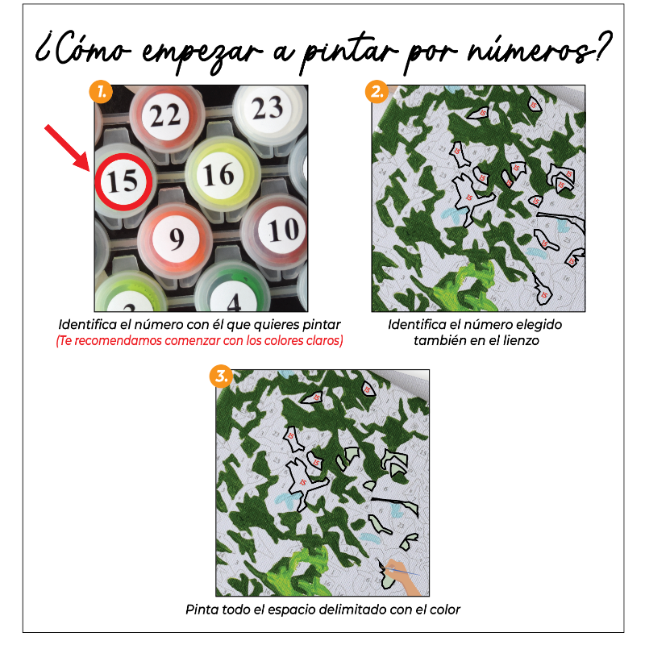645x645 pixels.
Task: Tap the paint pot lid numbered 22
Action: pyautogui.click(x=165, y=115)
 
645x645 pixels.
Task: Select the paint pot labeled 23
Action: pyautogui.click(x=267, y=107)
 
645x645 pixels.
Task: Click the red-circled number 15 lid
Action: pyautogui.click(x=123, y=180)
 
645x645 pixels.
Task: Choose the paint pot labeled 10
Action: pyautogui.click(x=283, y=231)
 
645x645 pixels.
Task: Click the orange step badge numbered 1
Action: pyautogui.click(x=100, y=91)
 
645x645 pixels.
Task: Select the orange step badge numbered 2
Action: pyautogui.click(x=376, y=91)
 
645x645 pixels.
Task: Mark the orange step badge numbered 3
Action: pyautogui.click(x=220, y=376)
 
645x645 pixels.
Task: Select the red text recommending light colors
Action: pyautogui.click(x=199, y=341)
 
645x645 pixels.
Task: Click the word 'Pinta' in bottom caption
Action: pyautogui.click(x=202, y=610)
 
